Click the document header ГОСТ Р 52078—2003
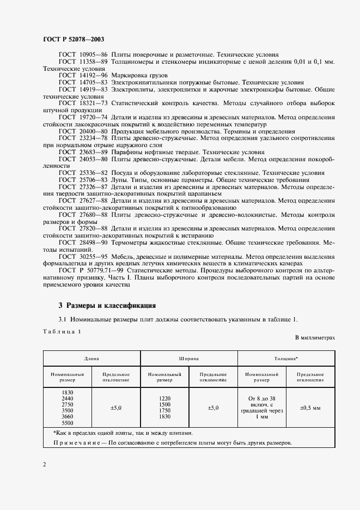pyautogui.click(x=73, y=40)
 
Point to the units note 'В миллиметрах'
pyautogui.click(x=315, y=338)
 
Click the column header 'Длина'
pyautogui.click(x=91, y=359)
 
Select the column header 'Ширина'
pyautogui.click(x=188, y=359)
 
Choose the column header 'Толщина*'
pyautogui.click(x=286, y=359)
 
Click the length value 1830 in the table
pyautogui.click(x=68, y=392)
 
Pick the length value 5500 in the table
pyautogui.click(x=68, y=423)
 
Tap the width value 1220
pyautogui.click(x=164, y=398)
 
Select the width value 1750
pyautogui.click(x=164, y=411)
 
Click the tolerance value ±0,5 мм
pyautogui.click(x=310, y=407)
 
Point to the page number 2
pyautogui.click(x=44, y=464)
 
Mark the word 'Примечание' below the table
pyautogui.click(x=75, y=442)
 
